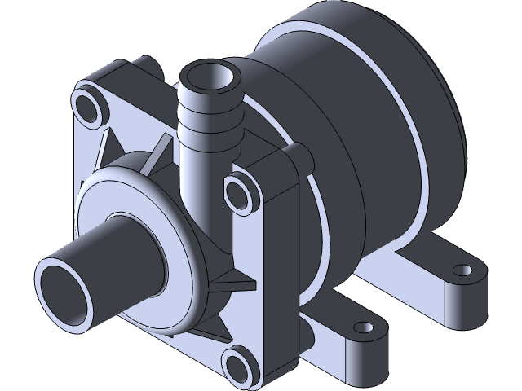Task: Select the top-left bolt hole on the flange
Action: pos(87,104)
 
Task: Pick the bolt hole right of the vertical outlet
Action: pos(240,193)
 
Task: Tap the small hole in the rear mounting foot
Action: pos(463,269)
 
